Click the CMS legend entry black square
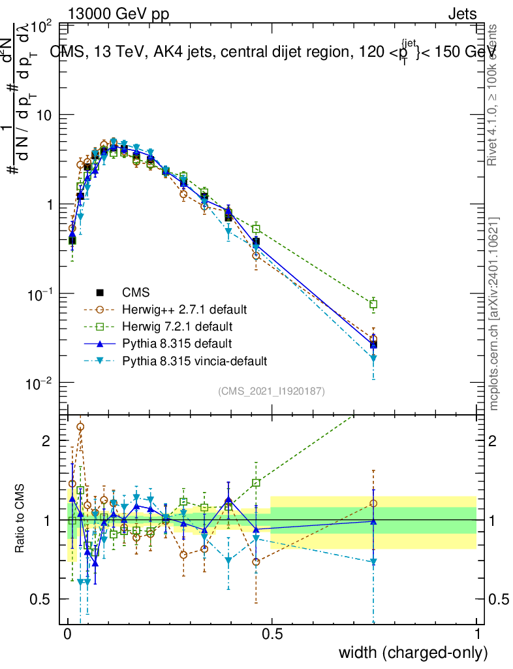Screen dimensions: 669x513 click(x=100, y=292)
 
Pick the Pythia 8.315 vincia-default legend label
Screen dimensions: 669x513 click(x=194, y=360)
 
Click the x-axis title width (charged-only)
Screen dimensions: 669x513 click(x=413, y=652)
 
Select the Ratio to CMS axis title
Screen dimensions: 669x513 click(x=20, y=519)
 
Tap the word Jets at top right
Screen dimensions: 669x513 click(x=462, y=14)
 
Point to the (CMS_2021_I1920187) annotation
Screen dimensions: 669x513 click(x=272, y=391)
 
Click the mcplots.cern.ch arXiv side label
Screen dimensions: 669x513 click(x=495, y=313)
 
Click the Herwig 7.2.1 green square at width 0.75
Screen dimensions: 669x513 click(x=373, y=304)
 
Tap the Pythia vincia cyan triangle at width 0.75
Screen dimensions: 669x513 click(x=373, y=358)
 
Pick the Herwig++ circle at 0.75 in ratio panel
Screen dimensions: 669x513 click(x=373, y=503)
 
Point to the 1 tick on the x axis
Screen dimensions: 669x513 click(x=477, y=634)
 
